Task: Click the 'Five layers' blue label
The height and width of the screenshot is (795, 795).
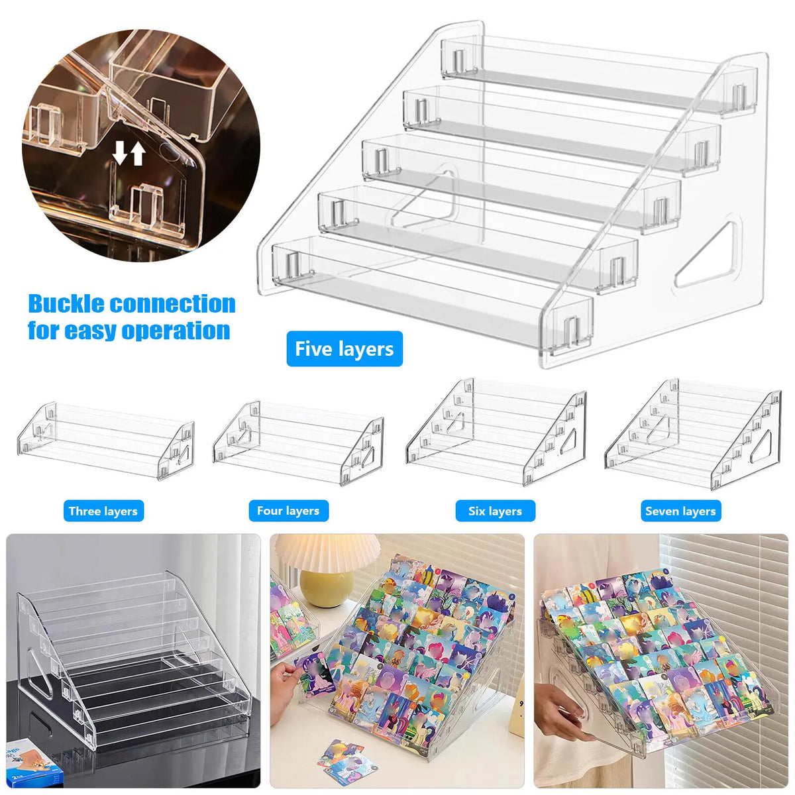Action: tap(344, 348)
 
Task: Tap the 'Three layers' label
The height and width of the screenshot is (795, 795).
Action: tap(103, 511)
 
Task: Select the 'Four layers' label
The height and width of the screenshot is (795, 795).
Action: tap(288, 511)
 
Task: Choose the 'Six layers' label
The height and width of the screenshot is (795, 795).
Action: tap(495, 511)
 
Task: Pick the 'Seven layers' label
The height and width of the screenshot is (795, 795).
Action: tap(681, 511)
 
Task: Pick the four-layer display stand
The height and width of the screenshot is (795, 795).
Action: tap(298, 443)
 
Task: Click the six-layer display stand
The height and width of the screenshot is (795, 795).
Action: tap(496, 432)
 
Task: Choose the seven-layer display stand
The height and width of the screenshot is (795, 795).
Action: tap(693, 434)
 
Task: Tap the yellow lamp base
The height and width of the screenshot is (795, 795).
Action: tap(327, 588)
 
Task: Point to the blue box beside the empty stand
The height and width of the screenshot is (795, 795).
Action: tap(35, 761)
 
